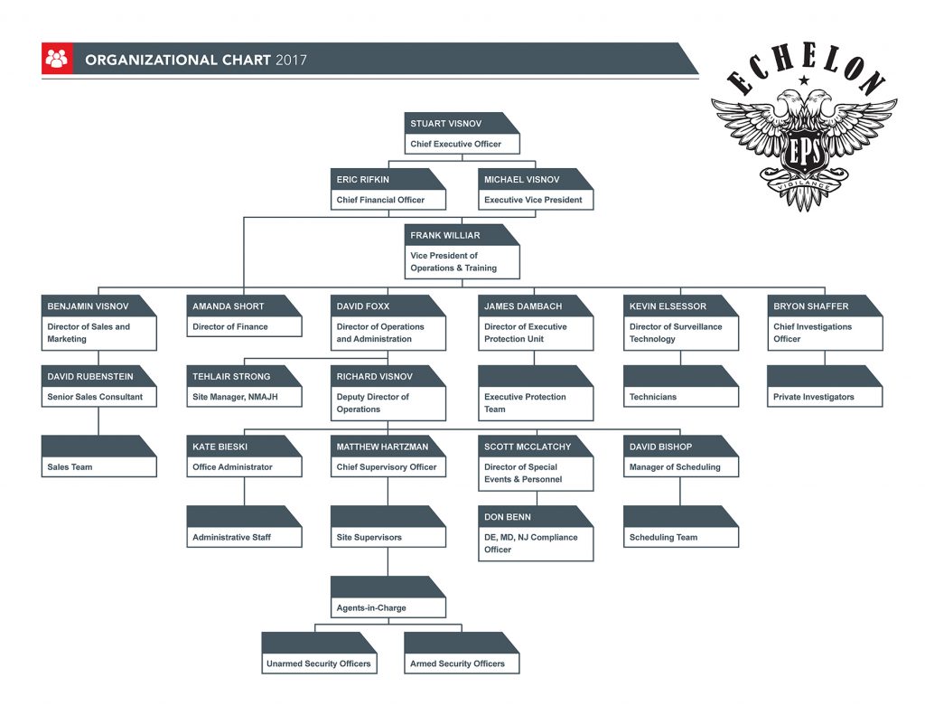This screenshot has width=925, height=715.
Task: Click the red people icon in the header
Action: click(57, 59)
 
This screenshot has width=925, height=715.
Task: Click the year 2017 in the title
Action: click(291, 61)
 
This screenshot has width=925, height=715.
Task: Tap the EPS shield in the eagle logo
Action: click(803, 153)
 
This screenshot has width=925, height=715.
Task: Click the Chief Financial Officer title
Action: click(380, 200)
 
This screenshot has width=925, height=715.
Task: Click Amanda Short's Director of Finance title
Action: click(231, 327)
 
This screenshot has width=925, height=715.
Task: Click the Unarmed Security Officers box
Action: click(318, 663)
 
